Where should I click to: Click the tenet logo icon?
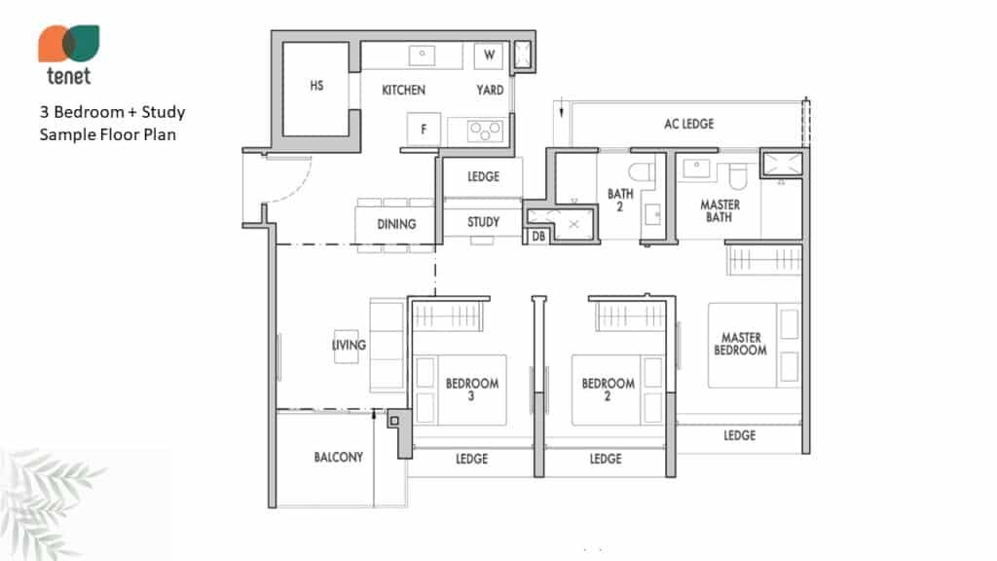click(x=69, y=43)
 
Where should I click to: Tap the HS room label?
click(x=316, y=86)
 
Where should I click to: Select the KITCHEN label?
click(x=404, y=91)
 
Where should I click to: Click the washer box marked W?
click(x=489, y=56)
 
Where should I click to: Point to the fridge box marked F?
click(x=424, y=130)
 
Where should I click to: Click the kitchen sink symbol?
click(x=422, y=56)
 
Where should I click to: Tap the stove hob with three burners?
click(x=485, y=131)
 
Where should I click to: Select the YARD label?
click(x=490, y=91)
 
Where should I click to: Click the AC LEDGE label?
click(x=688, y=124)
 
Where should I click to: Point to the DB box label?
click(x=538, y=237)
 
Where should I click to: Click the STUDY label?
click(x=483, y=222)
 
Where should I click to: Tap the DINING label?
click(x=396, y=224)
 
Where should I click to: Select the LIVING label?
click(x=350, y=345)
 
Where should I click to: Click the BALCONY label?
click(x=338, y=458)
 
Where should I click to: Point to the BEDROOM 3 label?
click(x=472, y=390)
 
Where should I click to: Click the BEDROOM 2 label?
click(x=608, y=390)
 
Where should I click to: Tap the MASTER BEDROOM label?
click(x=740, y=344)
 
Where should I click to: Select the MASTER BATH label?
click(x=720, y=210)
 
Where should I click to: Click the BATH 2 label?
click(x=620, y=200)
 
